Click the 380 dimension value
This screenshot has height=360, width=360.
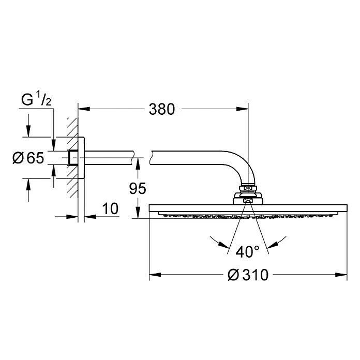162,109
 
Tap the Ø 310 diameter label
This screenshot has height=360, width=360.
248,275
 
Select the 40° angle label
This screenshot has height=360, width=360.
247,251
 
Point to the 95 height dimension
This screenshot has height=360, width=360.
138,188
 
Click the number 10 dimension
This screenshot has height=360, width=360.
110,208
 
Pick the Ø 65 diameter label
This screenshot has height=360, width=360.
28,158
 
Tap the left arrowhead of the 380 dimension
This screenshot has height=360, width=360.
84,109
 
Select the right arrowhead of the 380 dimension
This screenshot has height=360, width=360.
242,109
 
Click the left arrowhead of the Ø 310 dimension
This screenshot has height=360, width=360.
155,275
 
